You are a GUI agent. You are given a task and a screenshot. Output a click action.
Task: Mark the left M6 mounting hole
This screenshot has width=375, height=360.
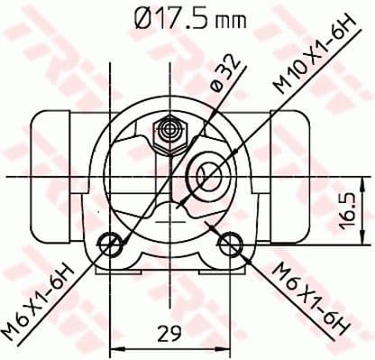[111, 242]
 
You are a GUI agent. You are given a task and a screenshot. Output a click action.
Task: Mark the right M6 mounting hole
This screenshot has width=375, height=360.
[232, 242]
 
